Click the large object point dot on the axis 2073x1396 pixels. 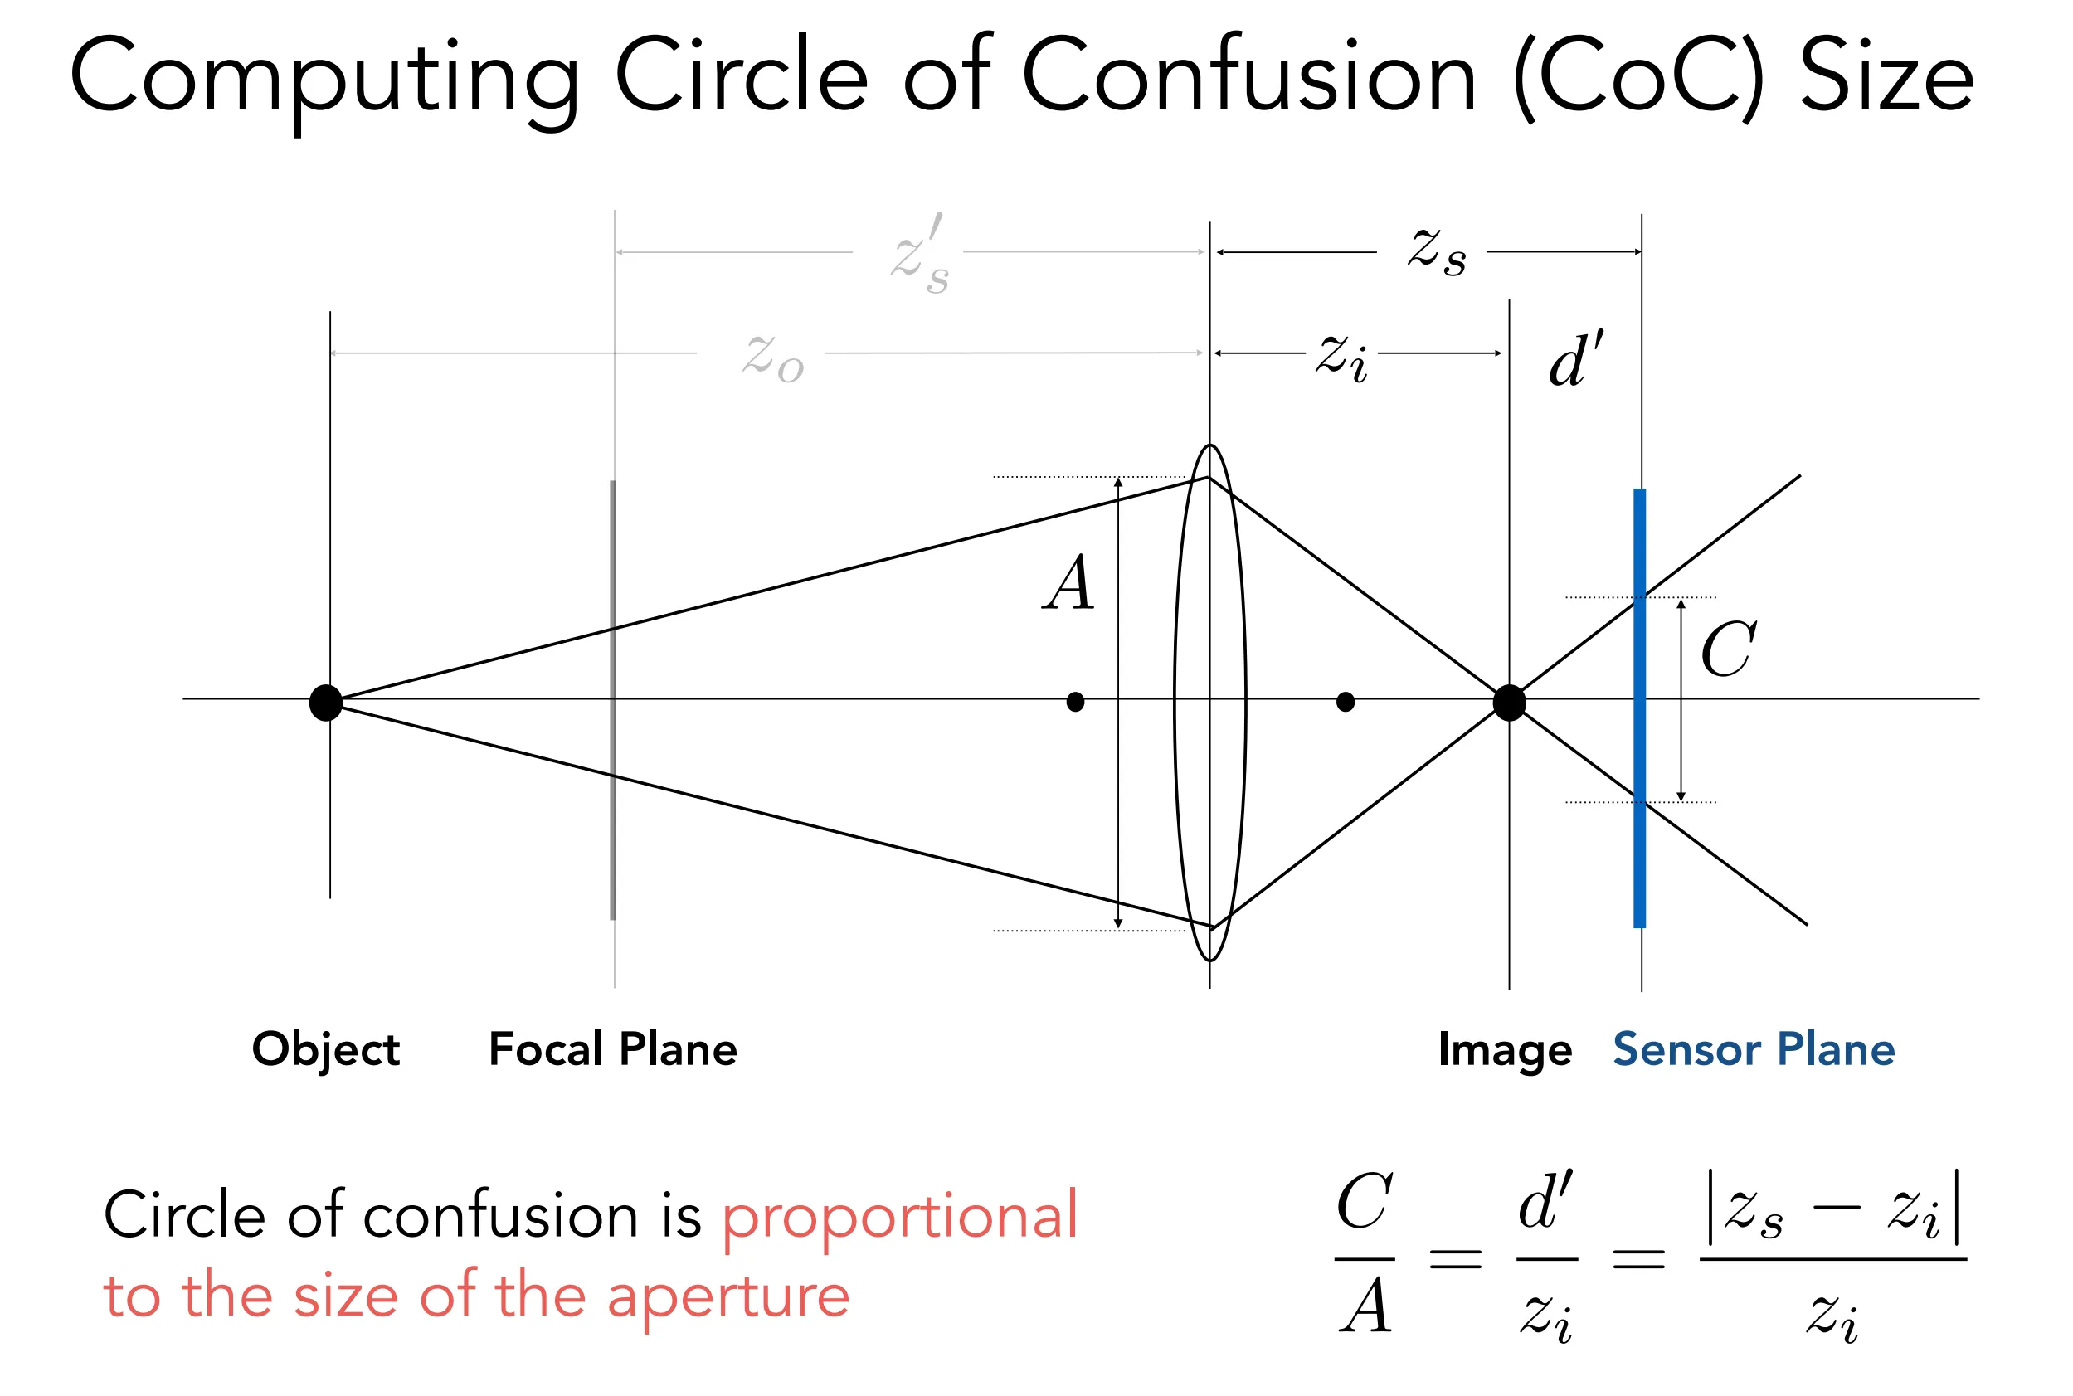click(326, 703)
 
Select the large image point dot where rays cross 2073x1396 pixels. click(1510, 703)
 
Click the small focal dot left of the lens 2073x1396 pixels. click(1076, 703)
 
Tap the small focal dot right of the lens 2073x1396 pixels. click(1346, 703)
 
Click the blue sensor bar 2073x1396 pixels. click(1639, 708)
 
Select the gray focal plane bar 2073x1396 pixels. click(613, 700)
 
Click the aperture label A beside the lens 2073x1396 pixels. click(1068, 582)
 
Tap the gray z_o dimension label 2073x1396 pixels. click(774, 357)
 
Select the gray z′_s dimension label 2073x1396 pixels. click(921, 254)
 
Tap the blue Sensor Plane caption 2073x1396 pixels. click(1754, 1048)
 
